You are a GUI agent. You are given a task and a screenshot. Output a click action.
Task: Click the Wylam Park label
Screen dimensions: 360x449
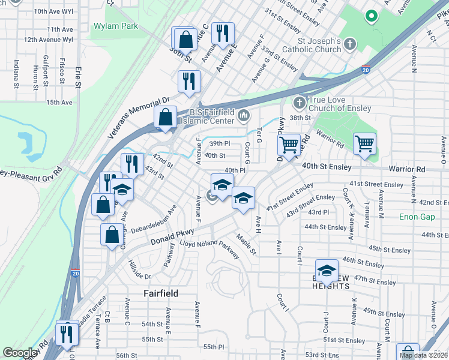pos(116,26)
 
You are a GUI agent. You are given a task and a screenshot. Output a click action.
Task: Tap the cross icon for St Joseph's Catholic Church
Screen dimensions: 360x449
pos(349,44)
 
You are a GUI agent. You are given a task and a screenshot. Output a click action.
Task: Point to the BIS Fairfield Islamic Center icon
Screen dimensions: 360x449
pos(243,115)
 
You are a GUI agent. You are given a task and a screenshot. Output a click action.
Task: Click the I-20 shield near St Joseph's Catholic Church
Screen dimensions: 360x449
pos(366,70)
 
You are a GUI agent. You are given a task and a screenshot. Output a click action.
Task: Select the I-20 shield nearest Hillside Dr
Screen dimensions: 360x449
pos(75,273)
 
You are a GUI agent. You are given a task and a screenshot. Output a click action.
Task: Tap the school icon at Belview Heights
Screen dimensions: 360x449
pos(327,271)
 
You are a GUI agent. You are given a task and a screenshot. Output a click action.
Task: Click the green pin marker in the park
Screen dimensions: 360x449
pos(372,16)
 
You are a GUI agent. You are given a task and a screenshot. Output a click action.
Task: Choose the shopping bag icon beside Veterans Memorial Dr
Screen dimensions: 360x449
pos(166,118)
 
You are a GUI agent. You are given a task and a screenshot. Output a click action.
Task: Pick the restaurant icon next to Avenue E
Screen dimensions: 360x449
pos(223,35)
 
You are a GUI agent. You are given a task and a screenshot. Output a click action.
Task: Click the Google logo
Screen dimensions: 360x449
pos(20,353)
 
